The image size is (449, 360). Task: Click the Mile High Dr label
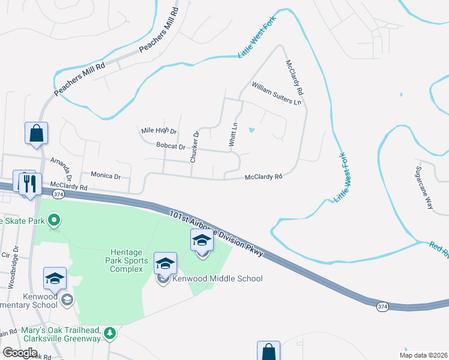158,130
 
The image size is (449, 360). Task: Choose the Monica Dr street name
106,176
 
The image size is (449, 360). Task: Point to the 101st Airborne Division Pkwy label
216,234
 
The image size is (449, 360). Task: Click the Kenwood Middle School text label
217,278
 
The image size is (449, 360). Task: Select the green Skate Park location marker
54,221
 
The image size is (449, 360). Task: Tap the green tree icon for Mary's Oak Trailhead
109,333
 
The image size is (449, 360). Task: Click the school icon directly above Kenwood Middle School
166,264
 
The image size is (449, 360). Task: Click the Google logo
20,353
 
